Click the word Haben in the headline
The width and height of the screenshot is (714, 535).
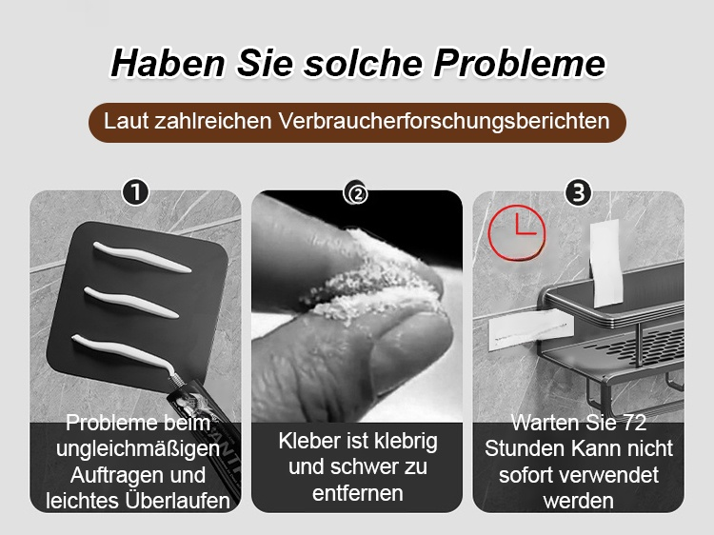coord(168,63)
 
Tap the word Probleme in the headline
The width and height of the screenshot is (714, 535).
coord(519,63)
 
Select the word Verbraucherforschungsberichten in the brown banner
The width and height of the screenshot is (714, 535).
coord(444,122)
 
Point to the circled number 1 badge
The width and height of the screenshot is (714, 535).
coord(135,192)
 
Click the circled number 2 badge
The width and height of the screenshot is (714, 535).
coord(357,193)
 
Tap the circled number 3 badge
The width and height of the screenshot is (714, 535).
coord(578,192)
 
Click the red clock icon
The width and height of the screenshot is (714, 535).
coord(516,232)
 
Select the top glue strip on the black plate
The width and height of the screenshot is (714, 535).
coord(142,257)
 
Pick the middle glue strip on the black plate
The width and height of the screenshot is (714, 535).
coord(131,303)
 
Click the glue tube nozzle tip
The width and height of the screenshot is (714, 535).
coord(173,375)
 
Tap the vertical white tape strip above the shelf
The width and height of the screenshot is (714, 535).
coord(606,263)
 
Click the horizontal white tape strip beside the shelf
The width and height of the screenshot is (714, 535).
coord(530,330)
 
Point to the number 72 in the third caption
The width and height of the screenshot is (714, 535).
coord(634,423)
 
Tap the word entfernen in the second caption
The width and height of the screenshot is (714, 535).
coord(357,493)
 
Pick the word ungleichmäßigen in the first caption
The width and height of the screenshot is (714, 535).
coord(138,450)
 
